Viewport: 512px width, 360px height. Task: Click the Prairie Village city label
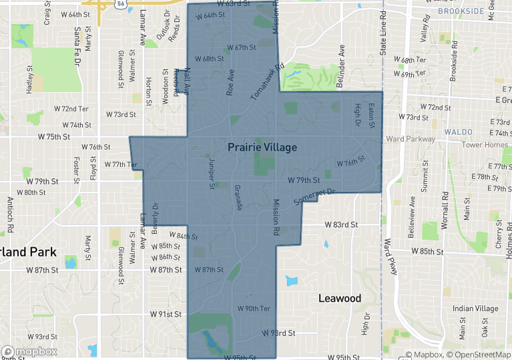(x=262, y=146)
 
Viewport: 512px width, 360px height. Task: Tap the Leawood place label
(x=339, y=298)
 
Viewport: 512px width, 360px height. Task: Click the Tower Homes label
(x=485, y=144)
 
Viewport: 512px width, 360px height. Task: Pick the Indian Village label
(x=475, y=309)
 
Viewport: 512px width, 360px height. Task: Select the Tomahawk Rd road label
(x=268, y=81)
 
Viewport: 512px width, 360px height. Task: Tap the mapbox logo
(x=29, y=351)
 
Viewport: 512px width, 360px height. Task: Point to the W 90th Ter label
(x=254, y=309)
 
